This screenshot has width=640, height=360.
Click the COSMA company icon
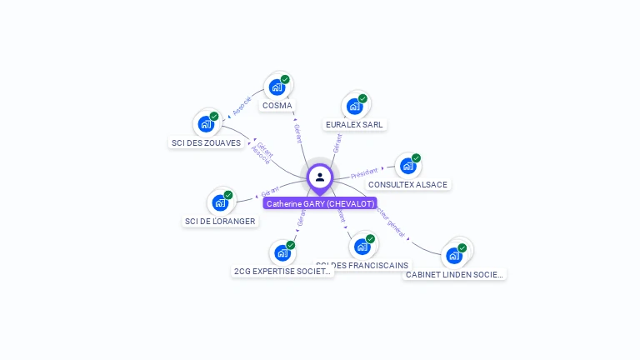pyautogui.click(x=277, y=87)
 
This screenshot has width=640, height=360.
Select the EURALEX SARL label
pyautogui.click(x=355, y=124)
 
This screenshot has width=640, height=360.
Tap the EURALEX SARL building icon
pyautogui.click(x=355, y=106)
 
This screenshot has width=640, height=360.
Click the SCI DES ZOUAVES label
pyautogui.click(x=206, y=142)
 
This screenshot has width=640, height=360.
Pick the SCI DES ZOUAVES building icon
pyautogui.click(x=206, y=124)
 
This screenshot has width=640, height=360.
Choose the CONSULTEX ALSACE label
pyautogui.click(x=407, y=184)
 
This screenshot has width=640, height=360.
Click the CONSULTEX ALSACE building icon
pyautogui.click(x=407, y=166)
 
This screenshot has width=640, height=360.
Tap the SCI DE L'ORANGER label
pyautogui.click(x=220, y=221)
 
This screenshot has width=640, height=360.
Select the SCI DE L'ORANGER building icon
pyautogui.click(x=220, y=202)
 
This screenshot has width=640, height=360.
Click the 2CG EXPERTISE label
pyautogui.click(x=282, y=271)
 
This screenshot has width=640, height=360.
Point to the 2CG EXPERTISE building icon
pyautogui.click(x=282, y=252)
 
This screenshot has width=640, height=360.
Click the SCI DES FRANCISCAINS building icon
pyautogui.click(x=362, y=247)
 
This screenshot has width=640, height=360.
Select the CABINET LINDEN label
pyautogui.click(x=454, y=274)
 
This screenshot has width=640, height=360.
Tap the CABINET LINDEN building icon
pyautogui.click(x=454, y=255)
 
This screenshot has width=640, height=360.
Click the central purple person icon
pyautogui.click(x=320, y=177)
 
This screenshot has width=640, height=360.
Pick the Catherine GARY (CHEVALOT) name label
pyautogui.click(x=320, y=203)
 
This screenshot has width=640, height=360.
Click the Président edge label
pyautogui.click(x=364, y=172)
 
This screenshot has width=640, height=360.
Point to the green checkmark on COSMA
pyautogui.click(x=285, y=79)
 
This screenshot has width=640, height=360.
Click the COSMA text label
pyautogui.click(x=277, y=106)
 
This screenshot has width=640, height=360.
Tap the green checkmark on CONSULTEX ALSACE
pyautogui.click(x=416, y=158)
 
